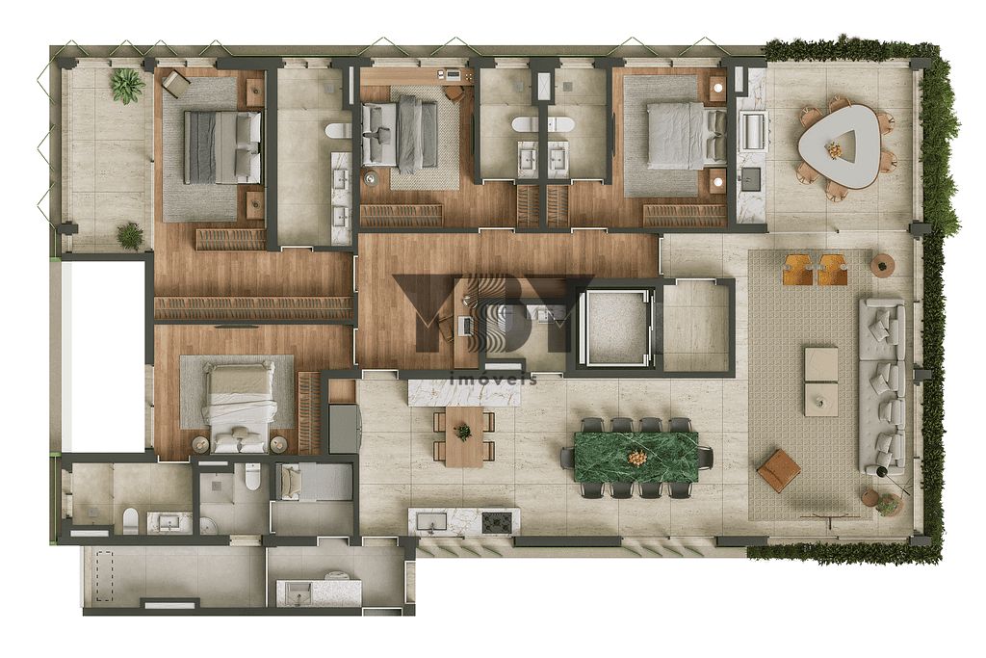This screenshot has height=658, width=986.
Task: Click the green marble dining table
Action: tap(636, 456)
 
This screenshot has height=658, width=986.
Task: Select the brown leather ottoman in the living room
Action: tap(779, 470)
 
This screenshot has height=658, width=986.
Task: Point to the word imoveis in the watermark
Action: tap(493, 380)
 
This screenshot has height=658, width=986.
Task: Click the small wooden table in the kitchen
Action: tap(463, 435)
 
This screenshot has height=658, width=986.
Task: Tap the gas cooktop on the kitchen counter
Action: tap(498, 522)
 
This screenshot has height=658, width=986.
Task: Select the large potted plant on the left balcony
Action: tap(126, 85)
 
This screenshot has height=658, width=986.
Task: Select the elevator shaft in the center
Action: tap(617, 325)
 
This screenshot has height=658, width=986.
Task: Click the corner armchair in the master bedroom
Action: tap(176, 85)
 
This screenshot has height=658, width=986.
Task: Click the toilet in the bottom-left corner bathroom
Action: tap(130, 520)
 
